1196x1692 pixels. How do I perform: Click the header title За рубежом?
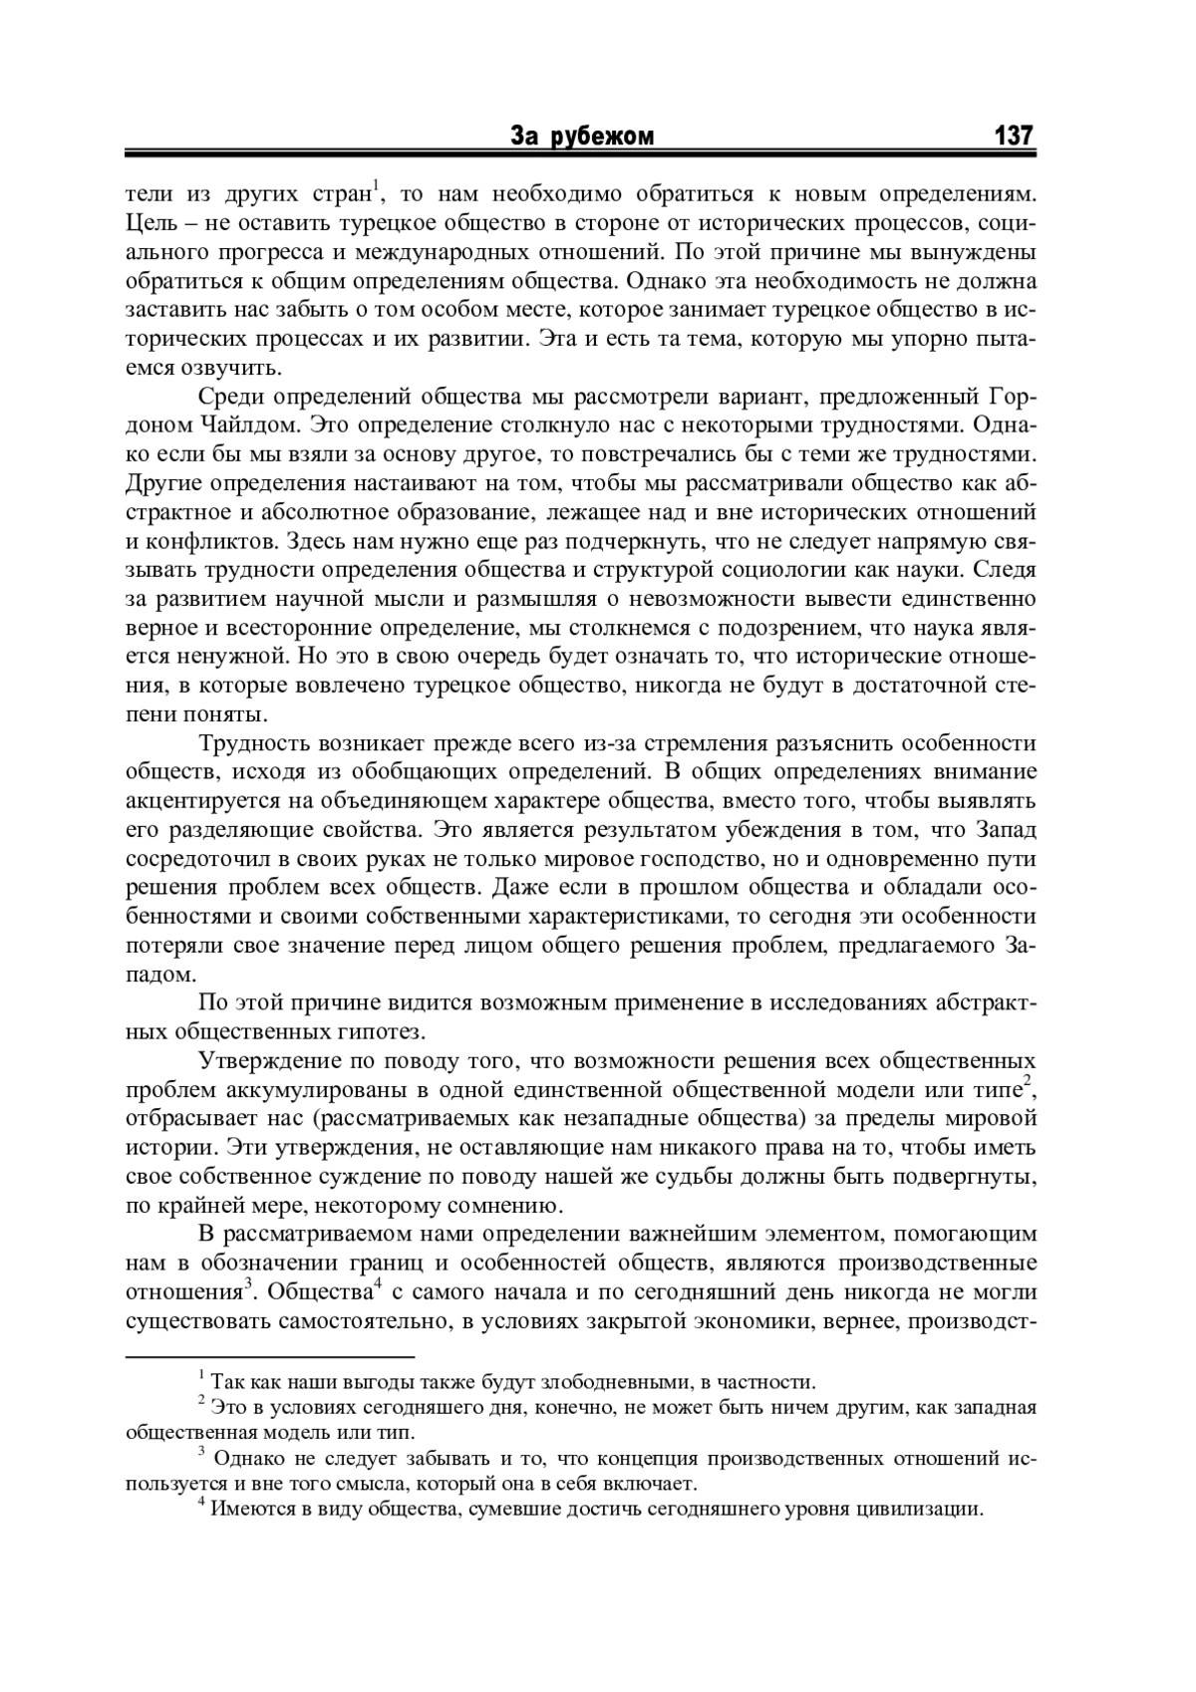[x=582, y=137]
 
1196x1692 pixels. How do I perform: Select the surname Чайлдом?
[x=246, y=426]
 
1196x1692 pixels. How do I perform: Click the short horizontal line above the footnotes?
[x=269, y=1356]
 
